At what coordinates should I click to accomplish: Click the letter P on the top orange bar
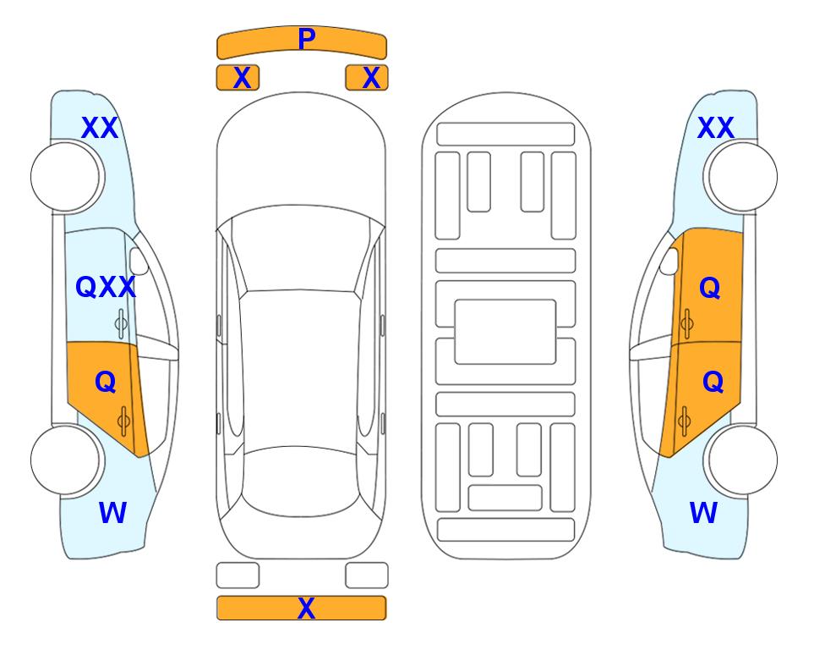pos(307,39)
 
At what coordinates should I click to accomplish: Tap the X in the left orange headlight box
pos(242,78)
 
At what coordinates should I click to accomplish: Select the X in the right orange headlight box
pos(371,78)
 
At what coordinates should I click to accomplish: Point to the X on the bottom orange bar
pos(306,608)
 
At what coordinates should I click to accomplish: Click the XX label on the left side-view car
pos(100,128)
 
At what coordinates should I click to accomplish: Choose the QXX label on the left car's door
pos(106,287)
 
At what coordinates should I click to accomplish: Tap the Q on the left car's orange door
pos(106,383)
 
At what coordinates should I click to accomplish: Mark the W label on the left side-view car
pos(112,513)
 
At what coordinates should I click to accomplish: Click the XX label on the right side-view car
pos(715,128)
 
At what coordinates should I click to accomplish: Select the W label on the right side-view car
pos(703,513)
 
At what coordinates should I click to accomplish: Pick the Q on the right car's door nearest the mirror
pos(710,288)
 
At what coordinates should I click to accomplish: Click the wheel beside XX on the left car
pos(66,177)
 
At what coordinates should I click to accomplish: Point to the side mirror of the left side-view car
pos(139,262)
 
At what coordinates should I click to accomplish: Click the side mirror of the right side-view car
pos(669,262)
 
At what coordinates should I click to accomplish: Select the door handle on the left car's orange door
pos(123,421)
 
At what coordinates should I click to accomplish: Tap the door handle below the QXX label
pos(121,323)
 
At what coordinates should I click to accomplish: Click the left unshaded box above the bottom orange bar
pos(238,576)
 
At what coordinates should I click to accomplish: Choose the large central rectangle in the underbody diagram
pos(505,332)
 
